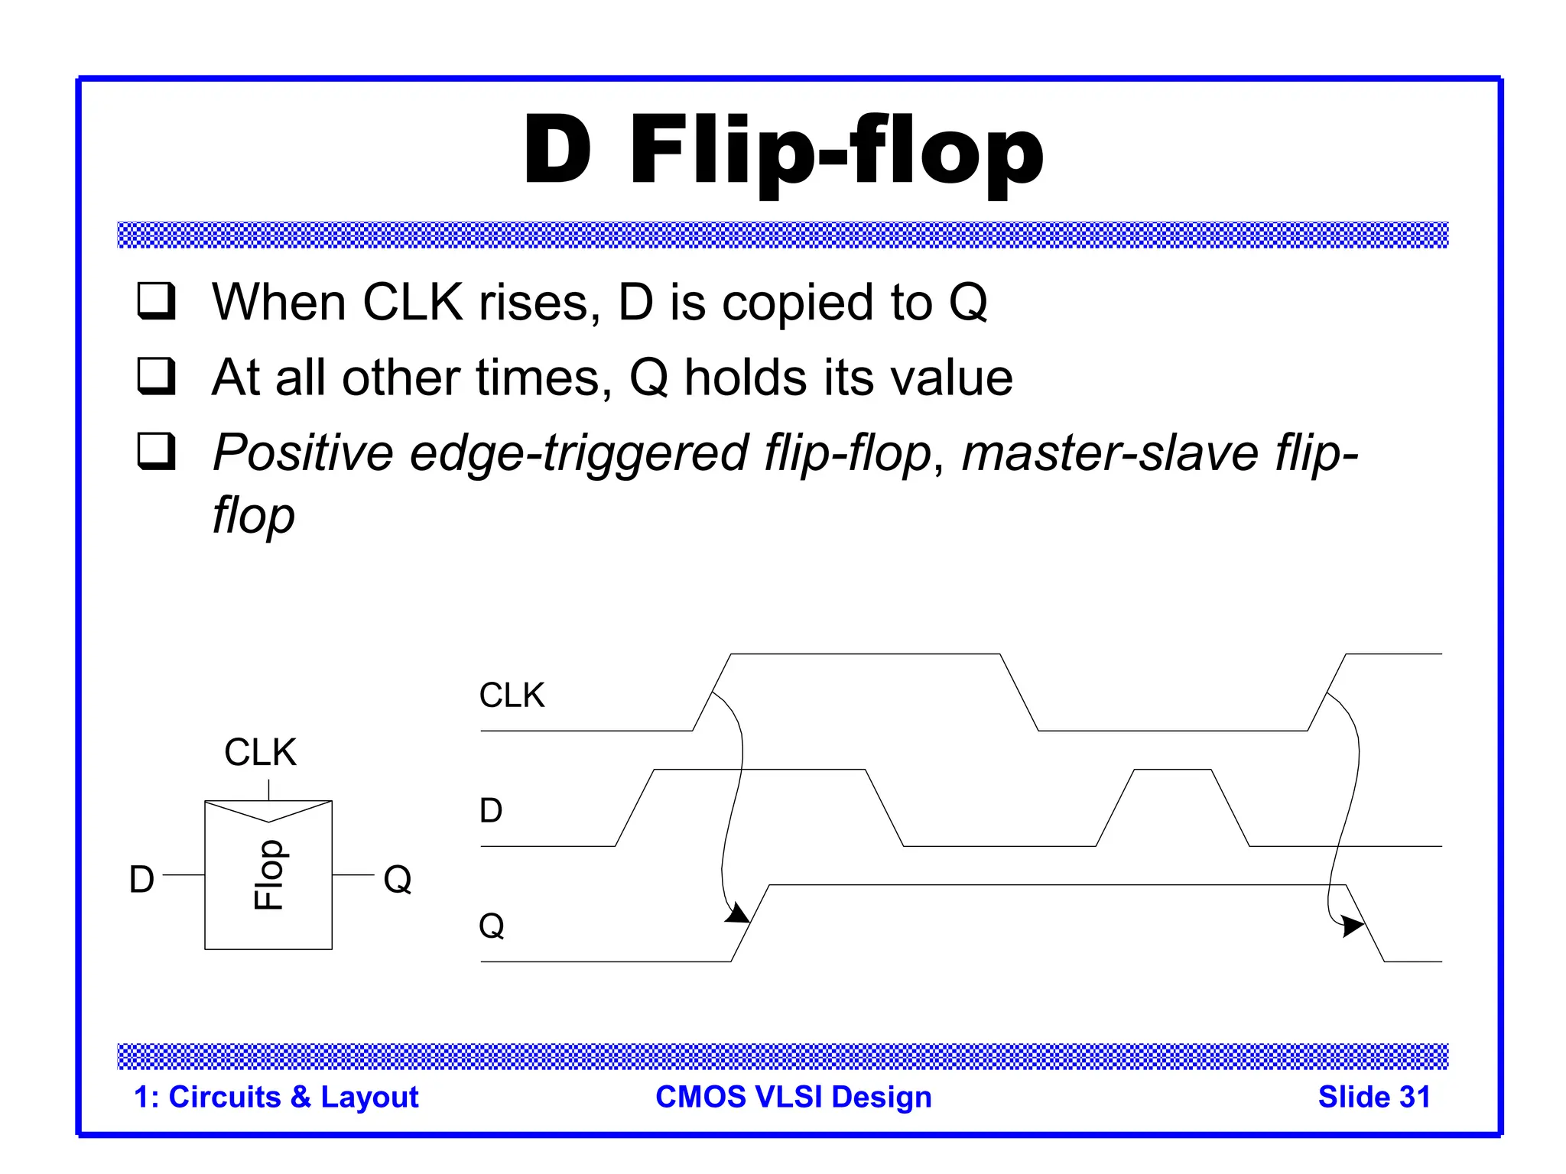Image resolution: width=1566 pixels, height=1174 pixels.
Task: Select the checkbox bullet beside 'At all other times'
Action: point(156,376)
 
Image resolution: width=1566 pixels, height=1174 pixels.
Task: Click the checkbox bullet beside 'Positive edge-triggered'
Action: point(156,451)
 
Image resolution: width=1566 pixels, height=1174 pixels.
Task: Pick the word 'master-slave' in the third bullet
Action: point(1110,452)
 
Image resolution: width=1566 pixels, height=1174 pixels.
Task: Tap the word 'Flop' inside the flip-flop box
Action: point(268,875)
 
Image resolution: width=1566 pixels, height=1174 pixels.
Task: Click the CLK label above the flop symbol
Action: point(260,752)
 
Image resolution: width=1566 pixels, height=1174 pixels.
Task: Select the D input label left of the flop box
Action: point(141,879)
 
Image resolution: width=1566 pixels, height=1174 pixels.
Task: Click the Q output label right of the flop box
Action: point(398,879)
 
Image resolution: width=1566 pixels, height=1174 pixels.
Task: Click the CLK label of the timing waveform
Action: point(512,696)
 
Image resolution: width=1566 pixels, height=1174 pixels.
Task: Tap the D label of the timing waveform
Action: point(491,810)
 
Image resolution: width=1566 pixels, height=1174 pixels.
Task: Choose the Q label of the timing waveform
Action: point(492,926)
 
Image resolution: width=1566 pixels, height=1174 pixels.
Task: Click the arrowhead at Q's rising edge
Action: point(738,913)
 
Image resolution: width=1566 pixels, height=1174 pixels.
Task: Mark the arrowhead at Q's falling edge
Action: point(1353,926)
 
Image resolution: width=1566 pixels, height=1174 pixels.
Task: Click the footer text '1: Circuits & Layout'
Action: point(276,1097)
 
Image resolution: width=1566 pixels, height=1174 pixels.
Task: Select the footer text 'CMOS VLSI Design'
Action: point(794,1097)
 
